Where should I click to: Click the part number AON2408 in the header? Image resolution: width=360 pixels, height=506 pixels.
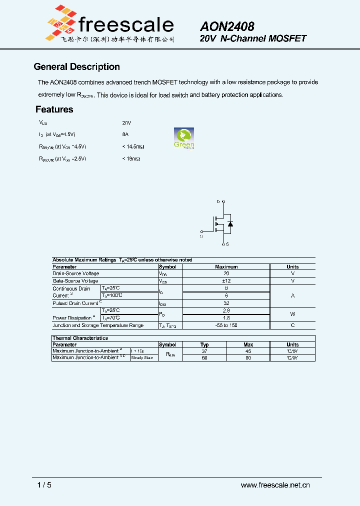(x=227, y=26)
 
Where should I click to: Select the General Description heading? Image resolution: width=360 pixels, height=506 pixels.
(x=76, y=67)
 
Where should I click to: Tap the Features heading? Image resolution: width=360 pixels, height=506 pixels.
(x=54, y=109)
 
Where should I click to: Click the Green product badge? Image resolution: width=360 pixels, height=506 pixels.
(x=184, y=138)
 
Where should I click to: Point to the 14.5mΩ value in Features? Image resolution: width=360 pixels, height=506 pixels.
(x=133, y=146)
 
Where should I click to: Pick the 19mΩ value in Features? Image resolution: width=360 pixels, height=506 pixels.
(x=131, y=158)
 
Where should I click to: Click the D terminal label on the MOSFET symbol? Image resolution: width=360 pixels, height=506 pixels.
(x=218, y=201)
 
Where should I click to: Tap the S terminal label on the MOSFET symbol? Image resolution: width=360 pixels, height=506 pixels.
(x=227, y=244)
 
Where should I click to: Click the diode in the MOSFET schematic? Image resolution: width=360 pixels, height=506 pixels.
(x=230, y=224)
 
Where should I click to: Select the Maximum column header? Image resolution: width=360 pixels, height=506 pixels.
(x=226, y=267)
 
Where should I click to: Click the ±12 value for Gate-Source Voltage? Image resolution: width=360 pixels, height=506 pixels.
(x=226, y=281)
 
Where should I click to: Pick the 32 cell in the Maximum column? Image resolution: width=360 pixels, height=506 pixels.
(x=226, y=303)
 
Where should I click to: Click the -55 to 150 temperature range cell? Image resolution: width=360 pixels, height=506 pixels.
(x=226, y=325)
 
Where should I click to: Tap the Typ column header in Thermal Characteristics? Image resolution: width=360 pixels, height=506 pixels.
(x=204, y=344)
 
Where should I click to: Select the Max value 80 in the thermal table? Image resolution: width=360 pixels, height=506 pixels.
(x=248, y=358)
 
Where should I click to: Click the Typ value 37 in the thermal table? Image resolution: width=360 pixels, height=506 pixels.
(x=204, y=351)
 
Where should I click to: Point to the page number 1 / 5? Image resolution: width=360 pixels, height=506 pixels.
(x=44, y=485)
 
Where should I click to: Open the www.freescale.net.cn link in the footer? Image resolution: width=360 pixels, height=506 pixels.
(x=275, y=485)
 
